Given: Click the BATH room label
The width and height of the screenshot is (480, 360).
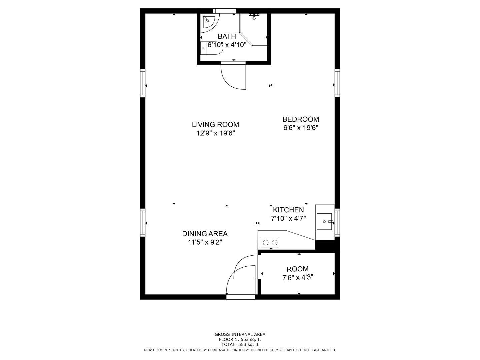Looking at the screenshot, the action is (227, 36).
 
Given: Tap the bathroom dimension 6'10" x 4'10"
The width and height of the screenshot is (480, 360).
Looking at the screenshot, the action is (227, 45).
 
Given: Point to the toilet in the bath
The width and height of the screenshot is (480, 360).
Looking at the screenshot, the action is (211, 48).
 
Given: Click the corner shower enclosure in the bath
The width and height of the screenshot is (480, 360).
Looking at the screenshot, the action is (254, 30).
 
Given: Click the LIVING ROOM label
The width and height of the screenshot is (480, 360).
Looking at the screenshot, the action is (215, 125).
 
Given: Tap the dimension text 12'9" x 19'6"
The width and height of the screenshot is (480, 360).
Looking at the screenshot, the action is (215, 133).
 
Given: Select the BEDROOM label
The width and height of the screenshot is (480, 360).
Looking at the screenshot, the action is (301, 119).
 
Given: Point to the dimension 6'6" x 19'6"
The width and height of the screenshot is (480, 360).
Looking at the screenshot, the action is (301, 128).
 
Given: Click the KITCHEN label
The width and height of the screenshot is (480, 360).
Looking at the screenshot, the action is (288, 210).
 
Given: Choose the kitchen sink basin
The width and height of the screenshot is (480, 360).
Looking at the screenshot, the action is (324, 222).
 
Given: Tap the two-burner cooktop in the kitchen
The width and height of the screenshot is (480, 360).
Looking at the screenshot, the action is (270, 242).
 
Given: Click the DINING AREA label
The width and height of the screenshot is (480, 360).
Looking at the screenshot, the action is (205, 234).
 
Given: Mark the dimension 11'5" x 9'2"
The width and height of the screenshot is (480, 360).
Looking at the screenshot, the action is (205, 242).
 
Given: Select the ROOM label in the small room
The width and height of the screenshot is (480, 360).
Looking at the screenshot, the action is (297, 269).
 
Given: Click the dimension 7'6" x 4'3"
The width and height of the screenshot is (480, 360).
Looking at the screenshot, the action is (298, 277).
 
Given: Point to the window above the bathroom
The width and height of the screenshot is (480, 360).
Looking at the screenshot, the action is (225, 11).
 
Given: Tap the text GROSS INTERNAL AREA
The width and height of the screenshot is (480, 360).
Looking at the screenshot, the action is (240, 334).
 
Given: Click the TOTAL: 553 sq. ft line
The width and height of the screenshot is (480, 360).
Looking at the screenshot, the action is (240, 345).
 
